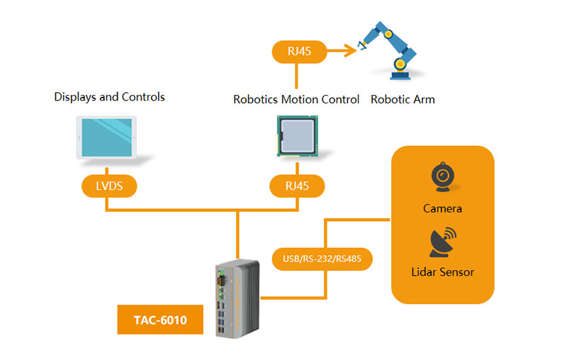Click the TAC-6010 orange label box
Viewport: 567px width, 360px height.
pos(160,321)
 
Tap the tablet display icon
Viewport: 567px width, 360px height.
pos(106,138)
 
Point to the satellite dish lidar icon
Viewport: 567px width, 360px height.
pos(442,242)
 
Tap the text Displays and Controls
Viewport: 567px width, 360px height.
pos(110,97)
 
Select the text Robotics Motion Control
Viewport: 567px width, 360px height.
pos(296,99)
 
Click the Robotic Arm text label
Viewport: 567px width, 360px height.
pos(403,99)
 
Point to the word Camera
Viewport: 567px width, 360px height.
pos(442,208)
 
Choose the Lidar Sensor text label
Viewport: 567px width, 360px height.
pos(442,272)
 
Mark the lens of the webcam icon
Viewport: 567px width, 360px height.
pos(443,174)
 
